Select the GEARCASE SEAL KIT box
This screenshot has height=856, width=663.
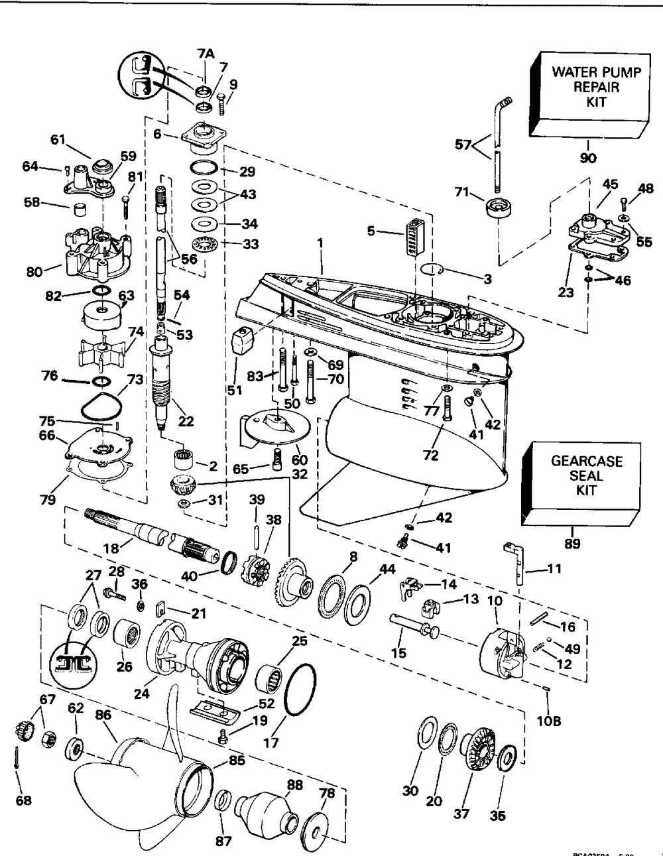[575, 476]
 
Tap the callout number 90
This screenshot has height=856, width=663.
[587, 158]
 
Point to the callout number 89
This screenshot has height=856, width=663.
[572, 543]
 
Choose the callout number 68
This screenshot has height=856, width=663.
[23, 801]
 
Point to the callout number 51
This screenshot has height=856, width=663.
[235, 390]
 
